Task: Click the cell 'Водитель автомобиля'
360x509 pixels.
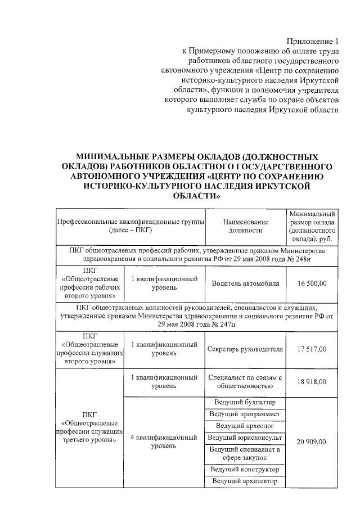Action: point(245,283)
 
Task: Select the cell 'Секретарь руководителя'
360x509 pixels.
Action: point(245,349)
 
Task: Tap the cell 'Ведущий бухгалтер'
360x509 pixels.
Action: point(245,403)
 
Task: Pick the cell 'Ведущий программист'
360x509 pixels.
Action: point(245,415)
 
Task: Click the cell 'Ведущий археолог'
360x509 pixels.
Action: point(245,426)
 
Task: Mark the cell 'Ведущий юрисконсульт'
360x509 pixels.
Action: point(245,438)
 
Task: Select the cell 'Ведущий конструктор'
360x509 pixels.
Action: point(245,470)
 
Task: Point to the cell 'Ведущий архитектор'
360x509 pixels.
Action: point(245,481)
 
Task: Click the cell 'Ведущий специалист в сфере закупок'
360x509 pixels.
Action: point(245,453)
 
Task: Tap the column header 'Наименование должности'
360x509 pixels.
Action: point(245,226)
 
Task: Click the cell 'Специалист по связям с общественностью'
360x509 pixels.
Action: point(245,382)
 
